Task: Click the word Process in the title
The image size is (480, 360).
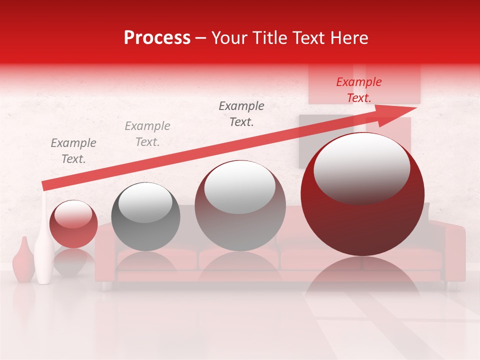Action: [157, 38]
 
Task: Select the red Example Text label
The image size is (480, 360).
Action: [358, 90]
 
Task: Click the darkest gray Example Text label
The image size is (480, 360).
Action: [241, 113]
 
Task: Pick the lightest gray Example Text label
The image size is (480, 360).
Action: [147, 133]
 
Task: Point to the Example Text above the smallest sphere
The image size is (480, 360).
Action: [73, 150]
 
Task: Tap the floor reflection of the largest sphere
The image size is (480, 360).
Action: [362, 280]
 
